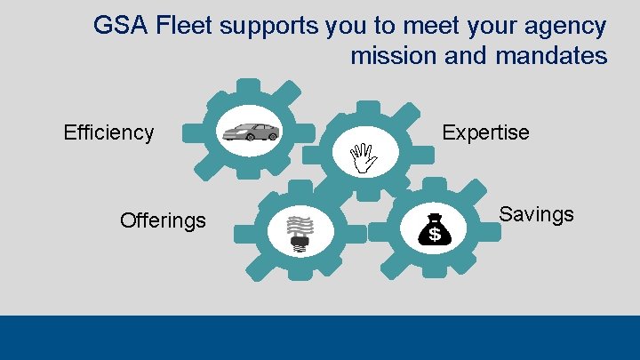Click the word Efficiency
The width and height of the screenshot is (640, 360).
tap(108, 133)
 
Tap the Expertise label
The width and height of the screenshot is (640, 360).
tap(485, 133)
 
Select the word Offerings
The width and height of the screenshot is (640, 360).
tap(163, 220)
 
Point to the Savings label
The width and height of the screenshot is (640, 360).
tap(536, 214)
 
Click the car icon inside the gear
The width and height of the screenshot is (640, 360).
tap(251, 132)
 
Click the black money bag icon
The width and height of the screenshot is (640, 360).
tap(435, 229)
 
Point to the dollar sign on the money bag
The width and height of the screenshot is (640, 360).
tap(435, 235)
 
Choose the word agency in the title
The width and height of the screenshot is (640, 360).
tap(566, 27)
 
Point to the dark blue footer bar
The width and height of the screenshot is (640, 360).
tap(320, 338)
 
